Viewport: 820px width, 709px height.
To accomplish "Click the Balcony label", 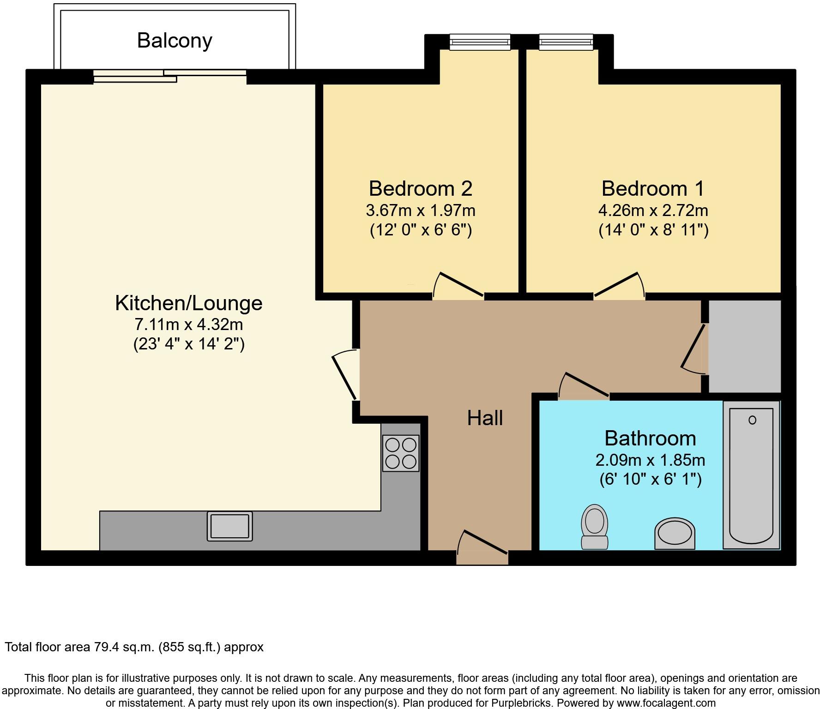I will [x=175, y=41].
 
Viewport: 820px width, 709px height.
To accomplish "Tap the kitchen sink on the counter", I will [x=229, y=526].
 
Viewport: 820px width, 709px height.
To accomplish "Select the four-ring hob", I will [x=401, y=453].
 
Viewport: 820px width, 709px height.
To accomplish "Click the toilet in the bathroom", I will [x=595, y=527].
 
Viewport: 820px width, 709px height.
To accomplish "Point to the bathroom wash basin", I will [x=675, y=534].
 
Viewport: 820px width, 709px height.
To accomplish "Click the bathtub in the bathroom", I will [x=751, y=475].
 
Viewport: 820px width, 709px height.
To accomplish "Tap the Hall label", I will [x=484, y=418].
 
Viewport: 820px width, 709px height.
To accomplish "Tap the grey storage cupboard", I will [x=745, y=346].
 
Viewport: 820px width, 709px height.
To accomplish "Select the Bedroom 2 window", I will [x=480, y=42].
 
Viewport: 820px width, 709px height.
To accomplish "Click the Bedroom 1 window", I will [x=566, y=42].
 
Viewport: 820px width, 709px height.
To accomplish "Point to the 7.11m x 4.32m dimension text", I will [x=188, y=324].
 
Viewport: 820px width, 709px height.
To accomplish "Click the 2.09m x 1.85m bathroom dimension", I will [x=650, y=460].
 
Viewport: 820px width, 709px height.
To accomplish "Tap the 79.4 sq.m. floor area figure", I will [x=124, y=647].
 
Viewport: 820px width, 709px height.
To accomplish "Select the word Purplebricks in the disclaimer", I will [x=524, y=703].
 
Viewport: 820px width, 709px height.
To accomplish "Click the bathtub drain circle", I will [x=752, y=420].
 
